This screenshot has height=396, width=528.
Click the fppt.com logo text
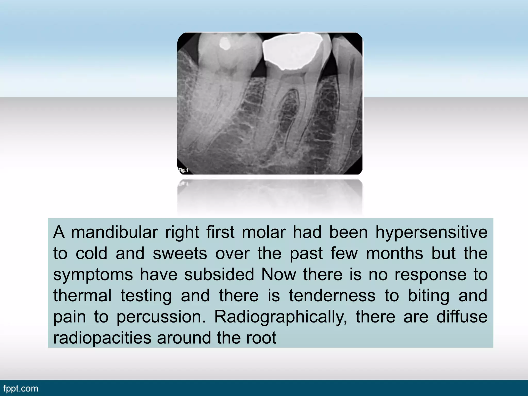[21, 389]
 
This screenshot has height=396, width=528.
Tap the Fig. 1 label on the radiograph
[184, 170]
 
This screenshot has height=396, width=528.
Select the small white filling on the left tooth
[225, 44]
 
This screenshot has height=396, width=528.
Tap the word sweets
[180, 253]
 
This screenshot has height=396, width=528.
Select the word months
[394, 253]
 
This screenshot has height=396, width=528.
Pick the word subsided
[219, 274]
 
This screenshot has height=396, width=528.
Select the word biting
[428, 296]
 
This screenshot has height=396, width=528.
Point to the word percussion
[161, 317]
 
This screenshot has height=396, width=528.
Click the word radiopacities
[102, 338]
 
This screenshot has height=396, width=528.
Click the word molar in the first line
[263, 232]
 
